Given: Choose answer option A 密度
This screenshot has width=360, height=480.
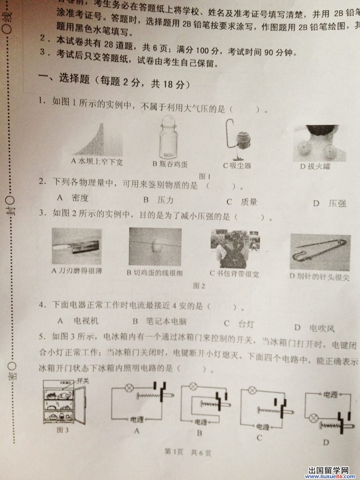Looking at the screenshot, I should click(73, 198).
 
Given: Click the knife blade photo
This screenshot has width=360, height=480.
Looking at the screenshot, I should click(77, 246).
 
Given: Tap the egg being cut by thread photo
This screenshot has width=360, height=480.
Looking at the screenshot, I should click(155, 246).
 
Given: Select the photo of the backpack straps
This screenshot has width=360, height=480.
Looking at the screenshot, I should click(235, 249).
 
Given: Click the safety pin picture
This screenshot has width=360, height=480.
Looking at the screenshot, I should click(320, 252).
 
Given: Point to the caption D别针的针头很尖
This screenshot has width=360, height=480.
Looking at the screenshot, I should click(319, 277).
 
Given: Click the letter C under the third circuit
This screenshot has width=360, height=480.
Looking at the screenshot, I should click(259, 438).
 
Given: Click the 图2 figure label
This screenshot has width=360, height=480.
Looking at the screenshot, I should click(199, 286).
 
